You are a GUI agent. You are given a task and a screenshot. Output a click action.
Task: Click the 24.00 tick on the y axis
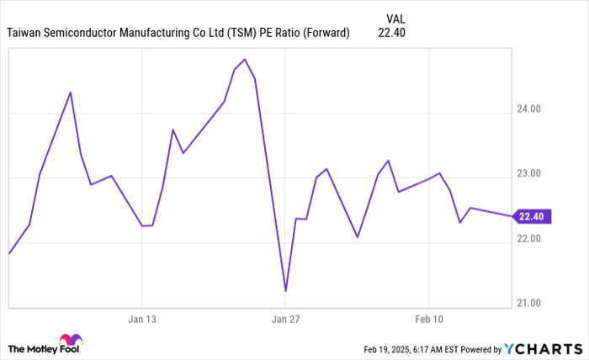(x=529, y=109)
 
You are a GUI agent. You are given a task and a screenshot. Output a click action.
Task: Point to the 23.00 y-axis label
(x=529, y=173)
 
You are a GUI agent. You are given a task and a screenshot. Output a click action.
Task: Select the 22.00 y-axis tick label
(x=529, y=238)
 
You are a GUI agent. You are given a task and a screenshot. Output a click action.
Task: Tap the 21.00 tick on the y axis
(x=529, y=303)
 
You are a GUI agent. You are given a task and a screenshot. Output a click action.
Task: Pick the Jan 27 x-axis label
(x=286, y=320)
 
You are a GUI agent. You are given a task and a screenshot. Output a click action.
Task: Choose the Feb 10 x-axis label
(x=429, y=320)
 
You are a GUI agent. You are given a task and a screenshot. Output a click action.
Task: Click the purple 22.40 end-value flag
(x=532, y=216)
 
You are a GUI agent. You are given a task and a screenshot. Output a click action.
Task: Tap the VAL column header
(x=396, y=18)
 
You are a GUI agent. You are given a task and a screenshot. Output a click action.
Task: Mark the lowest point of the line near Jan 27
(x=286, y=291)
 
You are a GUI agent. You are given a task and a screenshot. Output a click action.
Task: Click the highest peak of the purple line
(x=244, y=60)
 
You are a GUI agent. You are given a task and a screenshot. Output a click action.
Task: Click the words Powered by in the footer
(x=479, y=349)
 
